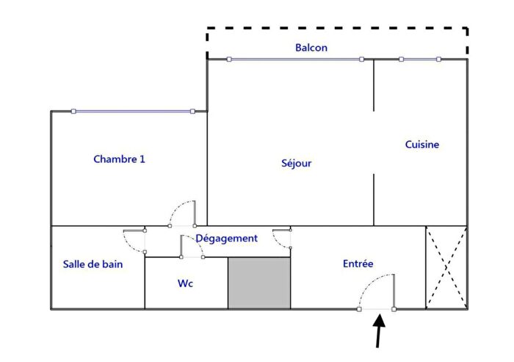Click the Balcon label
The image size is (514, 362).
coord(311,48)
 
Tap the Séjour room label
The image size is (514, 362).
coord(297,163)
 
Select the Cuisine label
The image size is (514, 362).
coord(422,145)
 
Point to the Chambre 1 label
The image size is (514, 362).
coord(120,159)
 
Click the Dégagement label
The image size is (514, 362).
coord(226,239)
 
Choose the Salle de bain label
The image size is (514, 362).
coord(93,264)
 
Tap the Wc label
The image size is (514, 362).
coord(186,283)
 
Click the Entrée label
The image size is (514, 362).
coord(358,264)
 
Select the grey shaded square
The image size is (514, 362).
coord(259,283)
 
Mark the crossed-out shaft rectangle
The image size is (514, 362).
coord(446,267)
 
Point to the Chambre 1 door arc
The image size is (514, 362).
coord(182,213)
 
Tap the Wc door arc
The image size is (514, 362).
coord(192,247)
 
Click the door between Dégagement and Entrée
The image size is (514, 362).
coord(283,240)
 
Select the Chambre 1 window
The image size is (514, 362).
coord(133,112)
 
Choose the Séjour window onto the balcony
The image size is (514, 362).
coord(294,59)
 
